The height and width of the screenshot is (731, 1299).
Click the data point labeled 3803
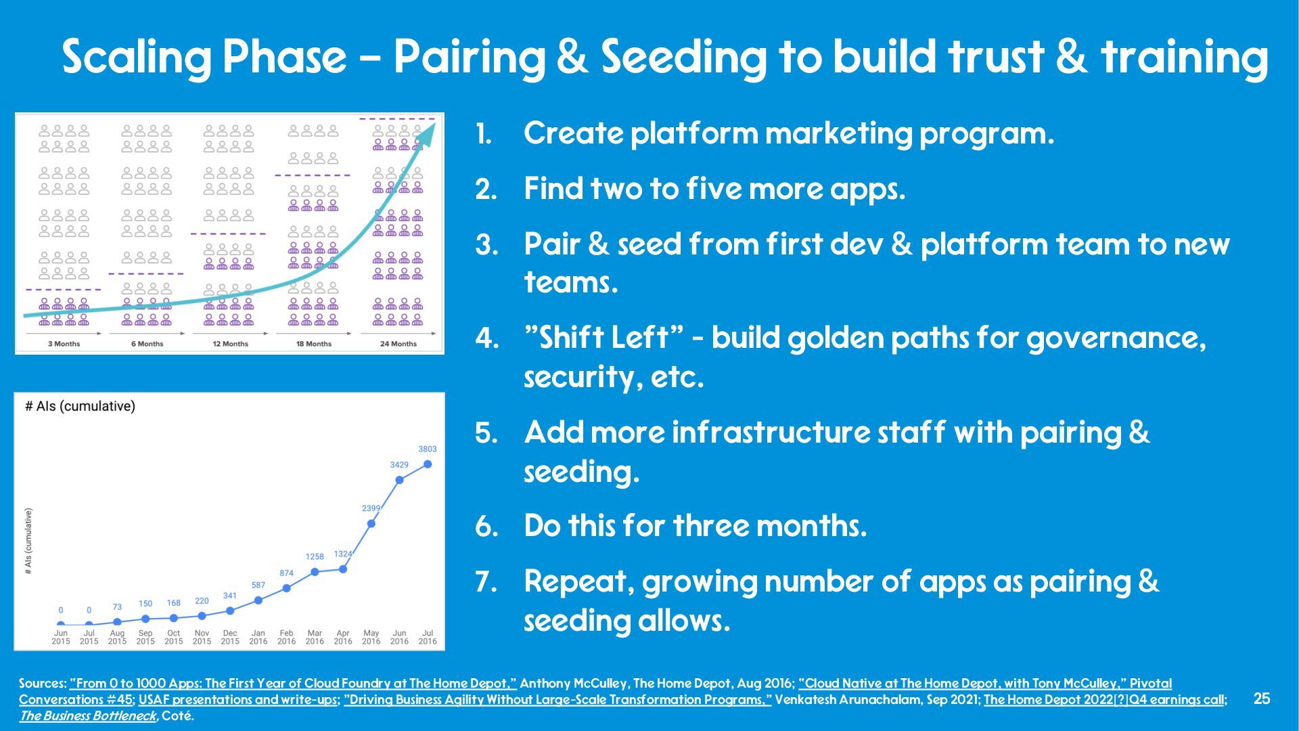[x=428, y=464]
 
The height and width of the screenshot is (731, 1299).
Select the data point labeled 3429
[x=399, y=479]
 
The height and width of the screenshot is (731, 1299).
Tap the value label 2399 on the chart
[x=371, y=508]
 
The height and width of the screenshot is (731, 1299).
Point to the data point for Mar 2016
[x=315, y=572]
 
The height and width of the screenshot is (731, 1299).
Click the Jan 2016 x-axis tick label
[x=258, y=637]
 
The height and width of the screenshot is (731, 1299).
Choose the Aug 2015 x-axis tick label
[x=117, y=637]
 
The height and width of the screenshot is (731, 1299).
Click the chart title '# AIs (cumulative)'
[x=80, y=406]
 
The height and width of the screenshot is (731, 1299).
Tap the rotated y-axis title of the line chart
[x=28, y=541]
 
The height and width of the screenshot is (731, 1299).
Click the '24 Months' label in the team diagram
[x=398, y=344]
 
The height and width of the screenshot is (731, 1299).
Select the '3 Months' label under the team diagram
[x=64, y=344]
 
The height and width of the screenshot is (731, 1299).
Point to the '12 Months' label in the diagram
[x=231, y=344]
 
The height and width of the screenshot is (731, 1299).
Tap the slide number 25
[x=1262, y=699]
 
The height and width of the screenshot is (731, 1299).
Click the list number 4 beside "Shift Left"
[x=487, y=338]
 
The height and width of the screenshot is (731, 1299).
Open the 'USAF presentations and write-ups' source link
[x=238, y=700]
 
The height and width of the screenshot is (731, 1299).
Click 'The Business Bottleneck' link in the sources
[x=87, y=716]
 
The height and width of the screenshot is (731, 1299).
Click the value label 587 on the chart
[x=258, y=585]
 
